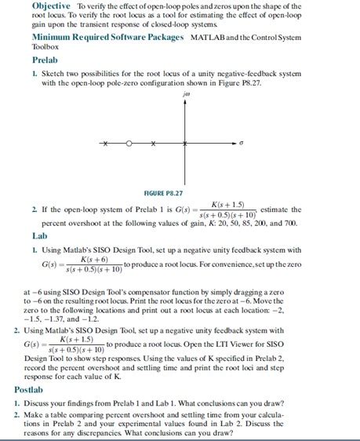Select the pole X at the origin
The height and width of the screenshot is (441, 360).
point(185,143)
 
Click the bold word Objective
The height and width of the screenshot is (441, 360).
point(51,5)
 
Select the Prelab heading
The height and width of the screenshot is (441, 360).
point(45,60)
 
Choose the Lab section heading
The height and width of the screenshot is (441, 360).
point(40,235)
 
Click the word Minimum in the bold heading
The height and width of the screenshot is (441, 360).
point(51,37)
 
